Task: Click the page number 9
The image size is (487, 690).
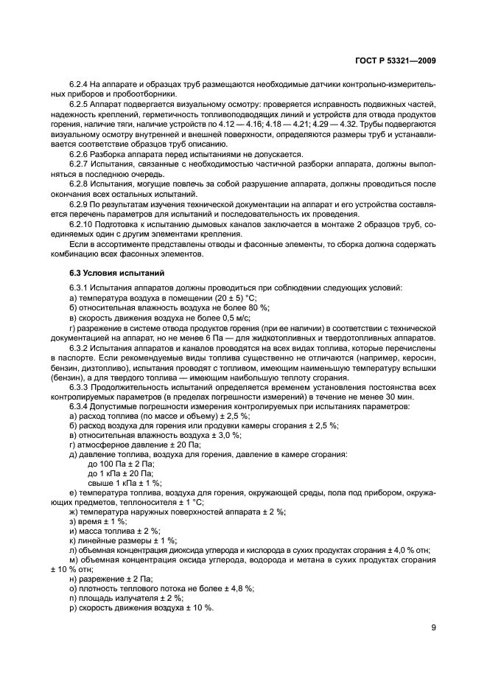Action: point(434,629)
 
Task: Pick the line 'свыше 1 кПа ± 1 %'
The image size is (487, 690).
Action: point(124,482)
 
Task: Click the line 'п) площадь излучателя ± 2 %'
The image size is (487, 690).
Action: point(126,598)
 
